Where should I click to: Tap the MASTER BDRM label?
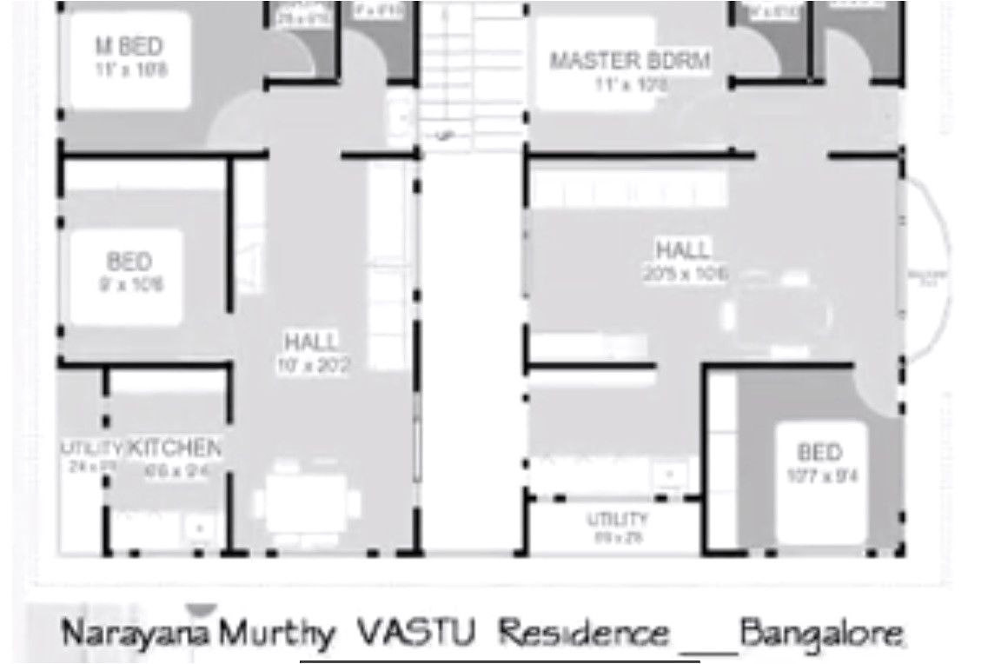pyautogui.click(x=630, y=62)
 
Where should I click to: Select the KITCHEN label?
pyautogui.click(x=174, y=449)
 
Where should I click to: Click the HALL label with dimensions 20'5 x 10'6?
pyautogui.click(x=683, y=251)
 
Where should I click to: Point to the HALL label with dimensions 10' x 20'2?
pyautogui.click(x=312, y=342)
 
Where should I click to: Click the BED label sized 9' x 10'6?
pyautogui.click(x=129, y=262)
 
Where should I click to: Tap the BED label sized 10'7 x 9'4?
pyautogui.click(x=820, y=453)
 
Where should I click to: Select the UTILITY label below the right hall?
pyautogui.click(x=617, y=520)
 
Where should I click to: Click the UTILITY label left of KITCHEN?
pyautogui.click(x=91, y=448)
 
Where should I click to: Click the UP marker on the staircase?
pyautogui.click(x=444, y=136)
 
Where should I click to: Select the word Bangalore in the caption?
pyautogui.click(x=822, y=634)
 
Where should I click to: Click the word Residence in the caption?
pyautogui.click(x=585, y=634)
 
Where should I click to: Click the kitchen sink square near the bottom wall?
pyautogui.click(x=201, y=528)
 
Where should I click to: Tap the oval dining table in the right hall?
pyautogui.click(x=778, y=315)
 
